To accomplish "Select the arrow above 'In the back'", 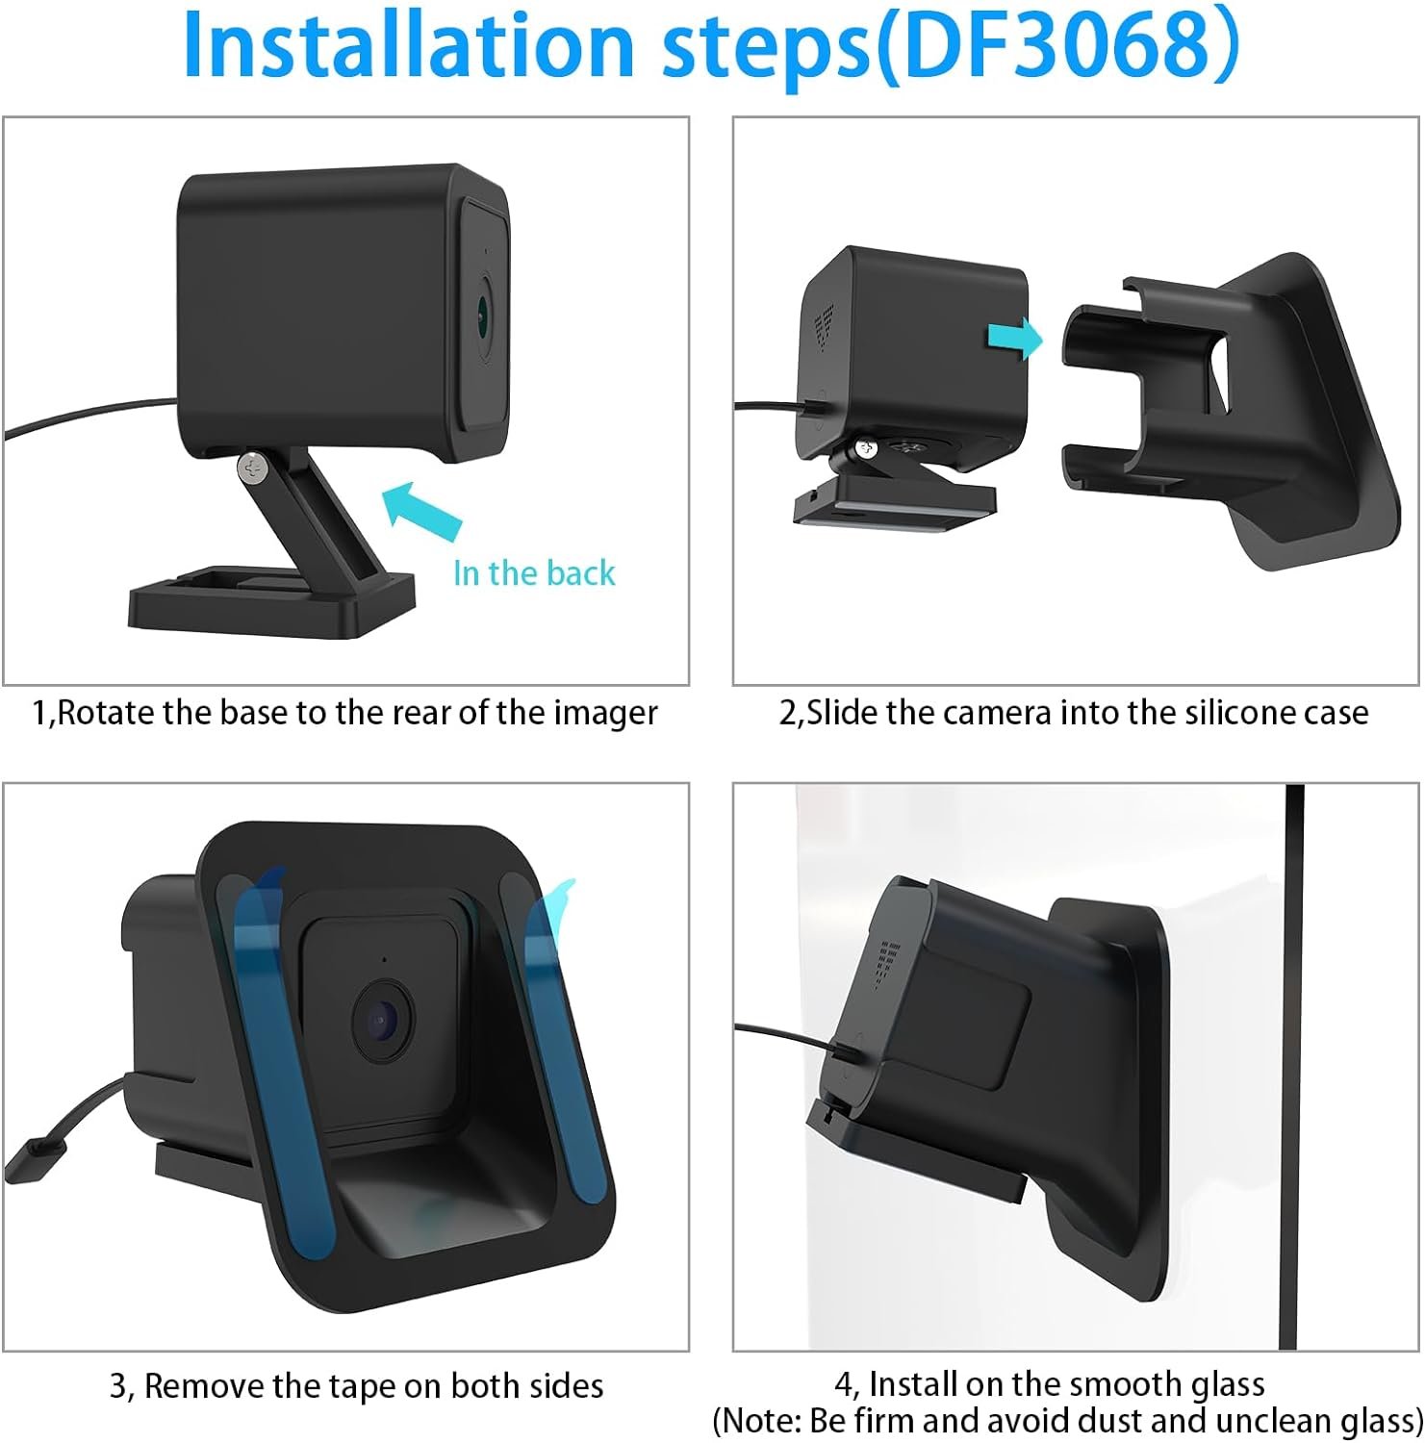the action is coord(422,508).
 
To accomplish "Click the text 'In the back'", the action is coord(534,573).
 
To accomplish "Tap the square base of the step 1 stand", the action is coord(272,603).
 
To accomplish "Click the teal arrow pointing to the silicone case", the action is coord(1014,339).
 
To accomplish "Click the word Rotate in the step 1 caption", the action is coord(107,713).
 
